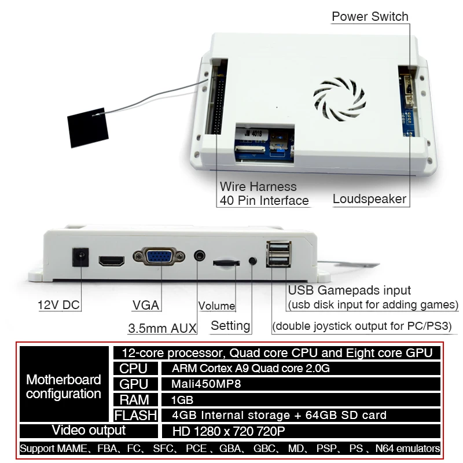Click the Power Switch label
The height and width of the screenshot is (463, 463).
(x=370, y=16)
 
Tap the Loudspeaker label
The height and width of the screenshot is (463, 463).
(x=369, y=200)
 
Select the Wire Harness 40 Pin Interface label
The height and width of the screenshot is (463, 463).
(x=264, y=194)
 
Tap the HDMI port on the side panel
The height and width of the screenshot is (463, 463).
(x=112, y=261)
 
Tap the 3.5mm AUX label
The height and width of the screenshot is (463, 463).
(x=162, y=328)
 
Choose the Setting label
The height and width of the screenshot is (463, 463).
(x=230, y=325)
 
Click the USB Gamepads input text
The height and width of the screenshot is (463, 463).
(x=349, y=291)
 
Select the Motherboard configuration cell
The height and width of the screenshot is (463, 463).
(x=64, y=387)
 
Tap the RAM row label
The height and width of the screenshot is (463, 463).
(x=134, y=399)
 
